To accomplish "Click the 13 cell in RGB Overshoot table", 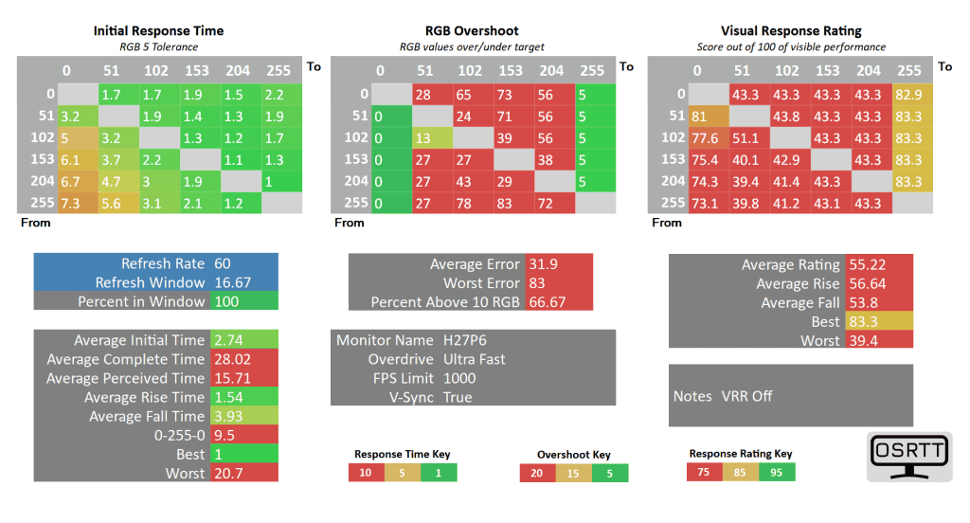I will pyautogui.click(x=431, y=137).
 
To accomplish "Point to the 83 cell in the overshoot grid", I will pyautogui.click(x=511, y=203).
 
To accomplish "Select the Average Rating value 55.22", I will pyautogui.click(x=868, y=265).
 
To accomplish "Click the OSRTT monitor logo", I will pyautogui.click(x=909, y=457).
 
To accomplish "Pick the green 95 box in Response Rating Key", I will pyautogui.click(x=777, y=473).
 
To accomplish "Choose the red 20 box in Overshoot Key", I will pyautogui.click(x=537, y=473).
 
